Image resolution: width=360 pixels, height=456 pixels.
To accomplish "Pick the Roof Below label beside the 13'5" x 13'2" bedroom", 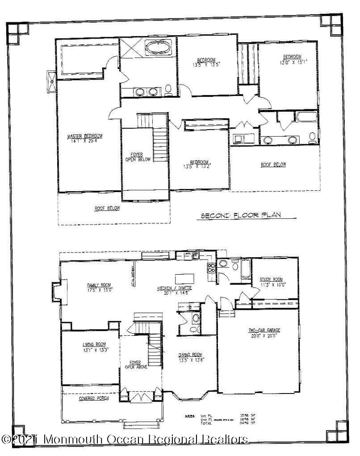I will coord(273,165).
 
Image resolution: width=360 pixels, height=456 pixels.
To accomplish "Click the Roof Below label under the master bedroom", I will coord(107,208).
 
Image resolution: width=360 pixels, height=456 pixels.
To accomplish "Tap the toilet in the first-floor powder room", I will coord(195,320).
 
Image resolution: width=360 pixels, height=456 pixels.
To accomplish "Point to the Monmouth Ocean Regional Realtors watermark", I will coord(125,440).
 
